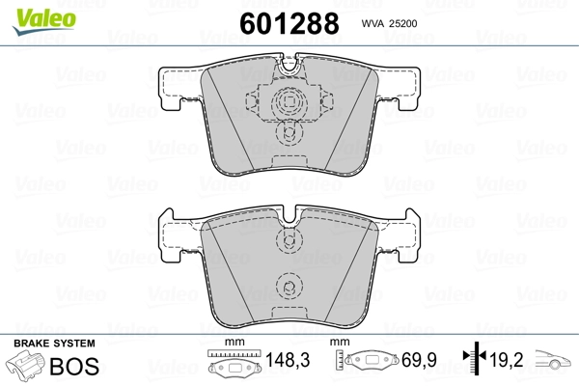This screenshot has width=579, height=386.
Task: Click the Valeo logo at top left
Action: pyautogui.click(x=44, y=21)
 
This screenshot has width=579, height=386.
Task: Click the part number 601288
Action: pyautogui.click(x=289, y=23)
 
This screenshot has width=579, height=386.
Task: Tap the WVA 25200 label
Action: pyautogui.click(x=389, y=23)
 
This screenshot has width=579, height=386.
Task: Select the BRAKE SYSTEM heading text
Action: pyautogui.click(x=54, y=344)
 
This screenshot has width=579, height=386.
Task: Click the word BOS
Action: pyautogui.click(x=74, y=366)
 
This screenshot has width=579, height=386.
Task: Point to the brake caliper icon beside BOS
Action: pyautogui.click(x=25, y=364)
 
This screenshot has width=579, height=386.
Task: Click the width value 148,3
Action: pyautogui.click(x=288, y=360)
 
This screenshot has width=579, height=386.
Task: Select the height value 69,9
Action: pyautogui.click(x=419, y=360)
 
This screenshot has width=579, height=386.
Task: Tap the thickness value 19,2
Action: pyautogui.click(x=507, y=360)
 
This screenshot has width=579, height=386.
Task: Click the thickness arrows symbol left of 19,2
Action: pyautogui.click(x=475, y=357)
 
